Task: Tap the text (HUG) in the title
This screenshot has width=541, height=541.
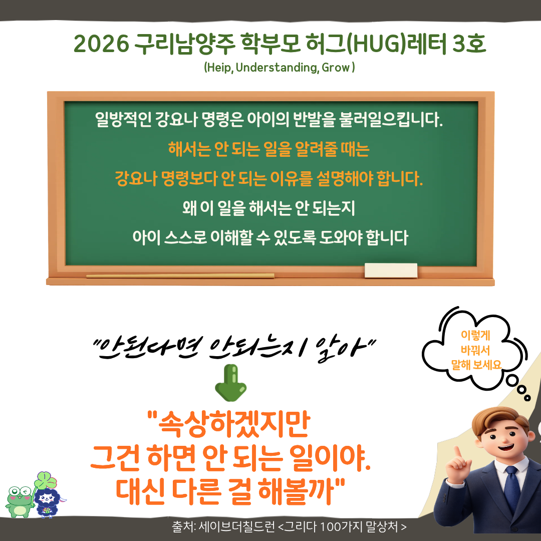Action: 369,45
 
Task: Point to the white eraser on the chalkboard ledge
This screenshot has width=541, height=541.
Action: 391,270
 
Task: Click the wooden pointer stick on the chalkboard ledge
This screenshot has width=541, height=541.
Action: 180,276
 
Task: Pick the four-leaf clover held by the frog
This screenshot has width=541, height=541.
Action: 45,482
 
